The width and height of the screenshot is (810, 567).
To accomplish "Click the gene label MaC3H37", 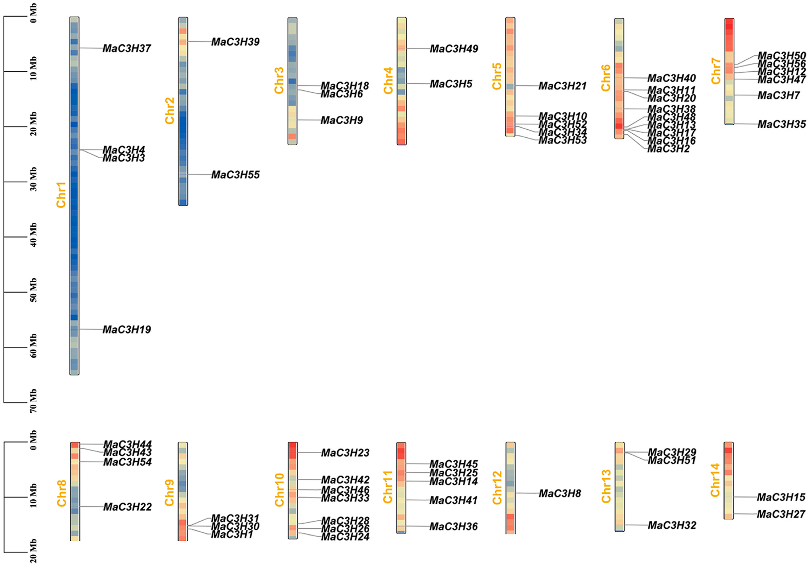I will (x=127, y=48).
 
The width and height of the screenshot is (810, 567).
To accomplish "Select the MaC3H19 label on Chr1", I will (x=127, y=330).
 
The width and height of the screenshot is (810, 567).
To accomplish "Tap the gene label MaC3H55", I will (x=235, y=175).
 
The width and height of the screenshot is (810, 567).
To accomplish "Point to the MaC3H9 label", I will (x=341, y=120).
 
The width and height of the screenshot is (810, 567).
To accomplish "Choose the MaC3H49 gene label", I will (x=454, y=49).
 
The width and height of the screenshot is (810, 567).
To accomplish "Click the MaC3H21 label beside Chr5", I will (x=562, y=86).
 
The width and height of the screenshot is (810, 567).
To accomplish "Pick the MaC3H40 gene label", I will (x=671, y=78).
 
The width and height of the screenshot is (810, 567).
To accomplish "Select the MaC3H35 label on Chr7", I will (x=781, y=124).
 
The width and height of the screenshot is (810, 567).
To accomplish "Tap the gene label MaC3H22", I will (x=127, y=507).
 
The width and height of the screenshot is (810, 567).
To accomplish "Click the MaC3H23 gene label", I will (x=345, y=453).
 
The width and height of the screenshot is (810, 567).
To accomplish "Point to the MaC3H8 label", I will (x=559, y=493).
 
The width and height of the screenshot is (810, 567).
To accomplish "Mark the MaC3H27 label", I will (x=781, y=514).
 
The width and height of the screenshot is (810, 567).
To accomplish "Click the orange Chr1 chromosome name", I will (x=61, y=195).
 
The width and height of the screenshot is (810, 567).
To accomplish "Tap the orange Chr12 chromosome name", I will (x=497, y=488).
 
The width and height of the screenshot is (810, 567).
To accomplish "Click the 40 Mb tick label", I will (x=34, y=235).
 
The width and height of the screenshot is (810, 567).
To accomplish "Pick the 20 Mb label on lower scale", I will (x=34, y=551).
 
